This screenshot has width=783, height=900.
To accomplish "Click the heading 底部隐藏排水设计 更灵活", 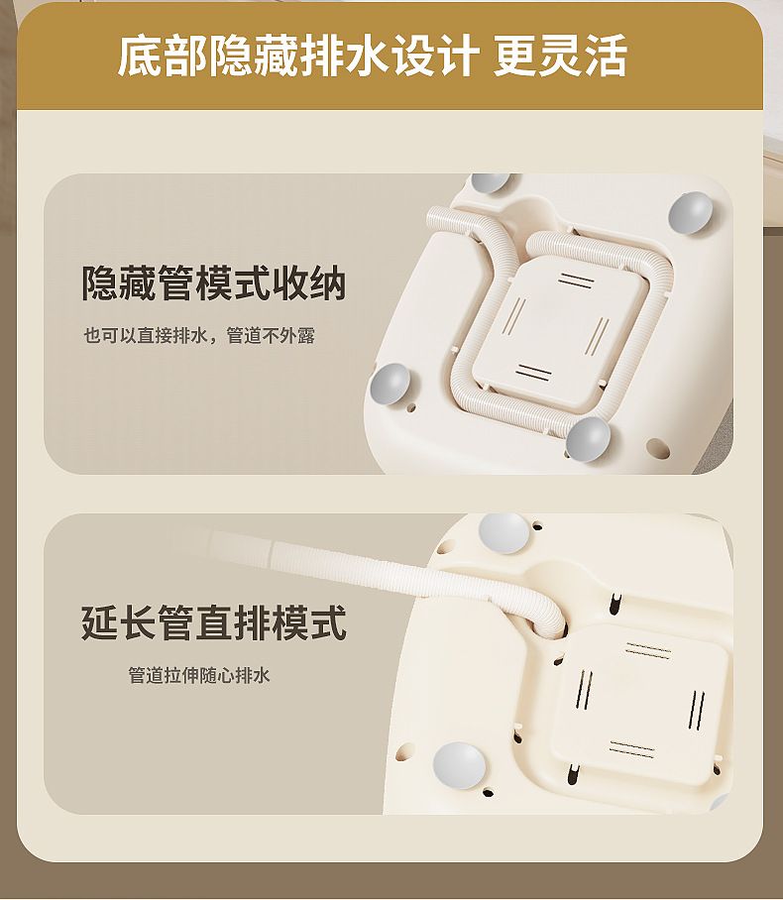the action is pyautogui.click(x=372, y=56).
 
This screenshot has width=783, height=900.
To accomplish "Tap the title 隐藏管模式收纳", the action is pyautogui.click(x=213, y=282).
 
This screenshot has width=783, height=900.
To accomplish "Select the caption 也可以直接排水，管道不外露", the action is pyautogui.click(x=199, y=336).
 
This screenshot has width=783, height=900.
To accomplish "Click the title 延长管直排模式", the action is pyautogui.click(x=213, y=622).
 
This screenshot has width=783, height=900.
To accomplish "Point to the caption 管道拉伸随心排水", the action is pyautogui.click(x=198, y=675).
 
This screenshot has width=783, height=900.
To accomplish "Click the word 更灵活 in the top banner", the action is pyautogui.click(x=560, y=56).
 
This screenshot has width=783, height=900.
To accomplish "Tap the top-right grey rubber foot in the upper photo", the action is pyautogui.click(x=691, y=212).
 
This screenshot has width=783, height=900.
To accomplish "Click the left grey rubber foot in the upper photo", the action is pyautogui.click(x=391, y=384).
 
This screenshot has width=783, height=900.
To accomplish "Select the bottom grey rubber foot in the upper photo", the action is pyautogui.click(x=588, y=439).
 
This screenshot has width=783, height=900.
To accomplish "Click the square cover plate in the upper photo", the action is pyautogui.click(x=557, y=325).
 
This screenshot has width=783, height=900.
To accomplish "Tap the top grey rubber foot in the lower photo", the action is pyautogui.click(x=503, y=533).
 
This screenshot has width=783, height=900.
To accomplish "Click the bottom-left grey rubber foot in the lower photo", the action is pyautogui.click(x=459, y=765).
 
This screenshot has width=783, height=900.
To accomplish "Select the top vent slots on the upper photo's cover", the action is pyautogui.click(x=576, y=281).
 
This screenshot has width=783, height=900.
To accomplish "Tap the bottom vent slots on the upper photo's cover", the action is pyautogui.click(x=533, y=372).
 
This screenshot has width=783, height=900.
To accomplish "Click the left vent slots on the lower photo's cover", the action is pyautogui.click(x=584, y=689).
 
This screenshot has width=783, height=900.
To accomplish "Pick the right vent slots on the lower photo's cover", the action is pyautogui.click(x=697, y=710).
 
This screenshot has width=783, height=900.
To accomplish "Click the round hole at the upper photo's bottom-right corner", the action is pyautogui.click(x=658, y=448).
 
